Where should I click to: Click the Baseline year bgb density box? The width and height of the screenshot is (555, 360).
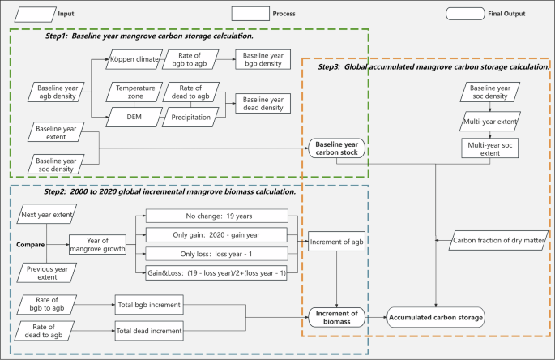coord(261,60)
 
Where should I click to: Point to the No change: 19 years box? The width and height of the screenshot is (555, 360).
coord(216,216)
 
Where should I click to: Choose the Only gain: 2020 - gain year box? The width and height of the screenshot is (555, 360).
coord(216,234)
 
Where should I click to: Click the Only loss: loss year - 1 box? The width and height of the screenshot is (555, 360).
coord(216,253)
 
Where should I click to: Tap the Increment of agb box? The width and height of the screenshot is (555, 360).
coord(338,242)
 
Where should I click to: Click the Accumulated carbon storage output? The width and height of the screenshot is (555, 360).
coord(435,316)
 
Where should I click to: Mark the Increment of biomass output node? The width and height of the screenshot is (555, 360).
coord(338,316)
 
